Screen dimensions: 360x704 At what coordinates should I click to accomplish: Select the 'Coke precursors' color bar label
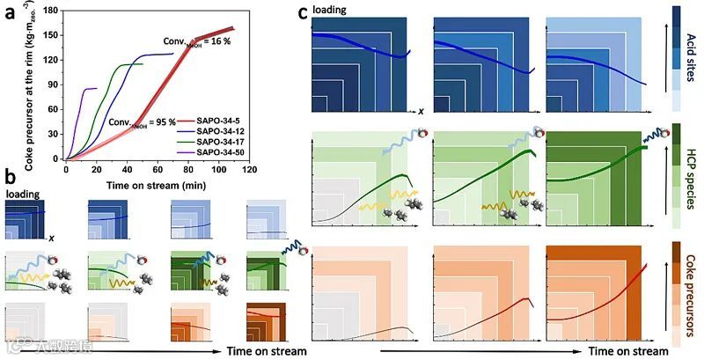690,295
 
